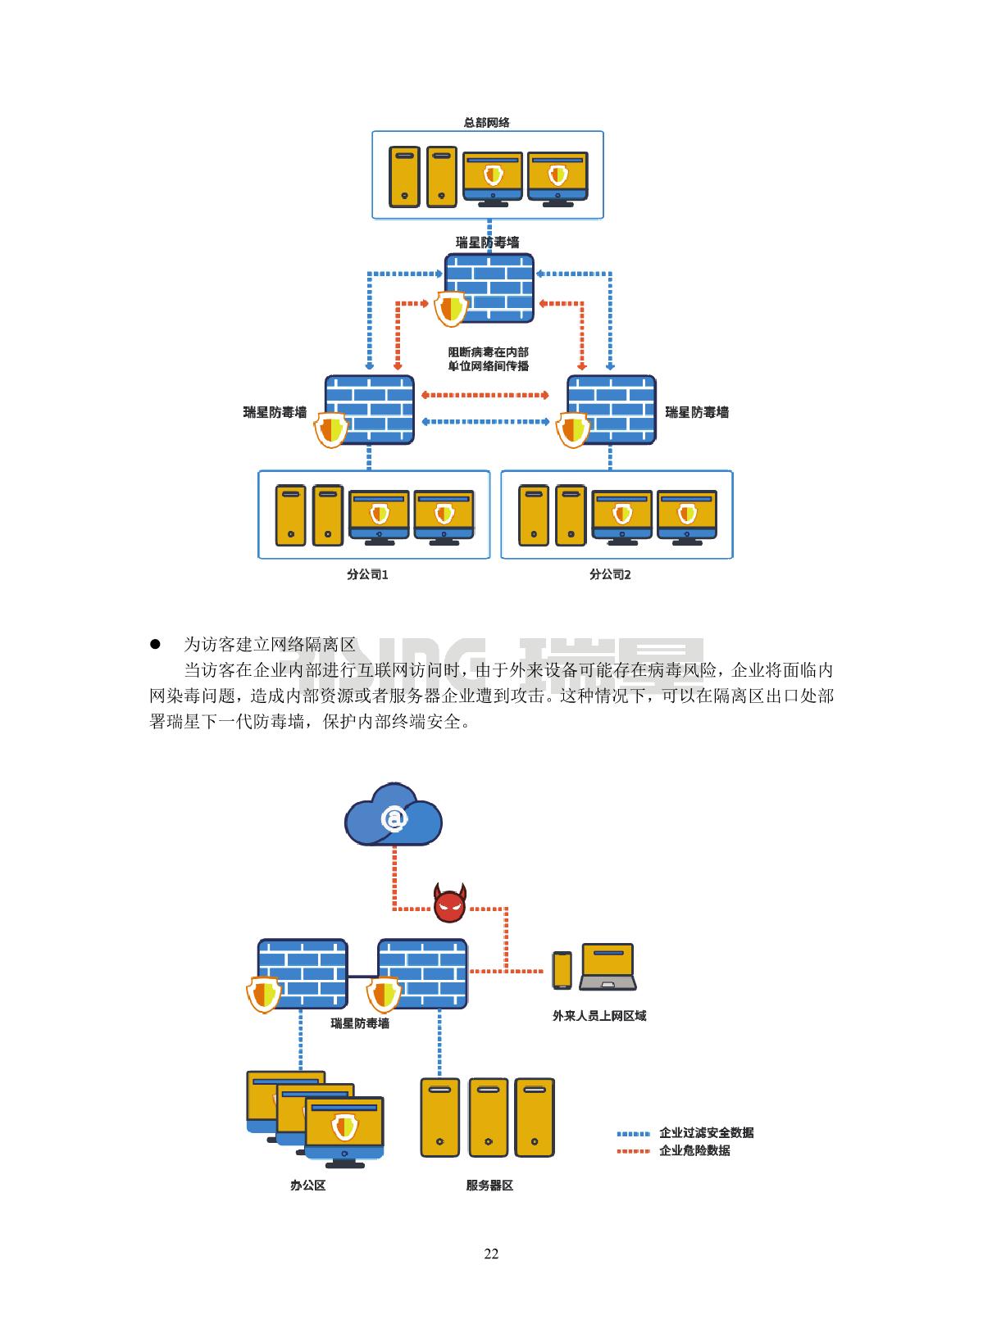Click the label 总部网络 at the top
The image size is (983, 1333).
pos(487,123)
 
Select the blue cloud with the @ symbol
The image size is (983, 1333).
pos(394,816)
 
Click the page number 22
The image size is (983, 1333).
pos(491,1254)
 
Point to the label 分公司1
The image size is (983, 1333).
pos(367,574)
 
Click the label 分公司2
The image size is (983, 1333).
pos(610,574)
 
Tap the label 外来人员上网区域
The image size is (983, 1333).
pos(599,1016)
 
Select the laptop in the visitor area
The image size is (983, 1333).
pos(608,968)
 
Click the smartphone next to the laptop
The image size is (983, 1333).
pos(562,970)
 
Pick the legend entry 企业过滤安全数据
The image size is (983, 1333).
pos(706,1133)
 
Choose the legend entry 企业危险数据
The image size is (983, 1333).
pos(694,1150)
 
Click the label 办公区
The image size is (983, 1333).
pos(308,1186)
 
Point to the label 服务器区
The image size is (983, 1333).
pos(489,1186)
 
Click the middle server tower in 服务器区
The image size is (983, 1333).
pos(488,1117)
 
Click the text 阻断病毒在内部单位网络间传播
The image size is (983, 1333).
pos(488,359)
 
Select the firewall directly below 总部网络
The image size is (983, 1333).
pos(489,287)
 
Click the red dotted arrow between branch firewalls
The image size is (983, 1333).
pos(485,395)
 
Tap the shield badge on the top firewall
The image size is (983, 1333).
pos(450,309)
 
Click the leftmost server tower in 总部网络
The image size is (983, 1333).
pos(404,177)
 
